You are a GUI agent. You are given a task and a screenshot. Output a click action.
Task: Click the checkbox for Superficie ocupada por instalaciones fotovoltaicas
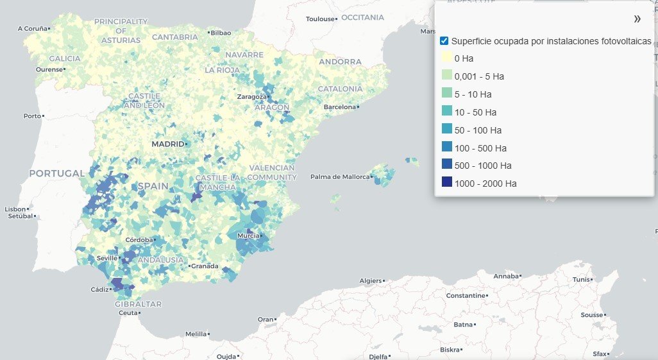[444, 41]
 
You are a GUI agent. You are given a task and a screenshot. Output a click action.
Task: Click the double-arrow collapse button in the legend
[637, 19]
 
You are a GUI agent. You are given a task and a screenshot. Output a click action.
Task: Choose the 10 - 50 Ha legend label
[475, 112]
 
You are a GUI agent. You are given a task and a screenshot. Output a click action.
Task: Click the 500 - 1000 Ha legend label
[483, 166]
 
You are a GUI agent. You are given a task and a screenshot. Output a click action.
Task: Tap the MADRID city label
[168, 144]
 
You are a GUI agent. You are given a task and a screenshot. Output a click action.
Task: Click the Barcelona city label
[339, 107]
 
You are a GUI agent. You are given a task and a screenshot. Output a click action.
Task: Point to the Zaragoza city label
[251, 97]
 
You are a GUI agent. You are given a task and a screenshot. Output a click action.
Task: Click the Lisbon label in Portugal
[17, 209]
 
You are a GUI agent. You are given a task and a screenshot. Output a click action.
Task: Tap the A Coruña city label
[33, 28]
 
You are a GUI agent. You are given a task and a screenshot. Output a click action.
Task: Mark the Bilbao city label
[221, 32]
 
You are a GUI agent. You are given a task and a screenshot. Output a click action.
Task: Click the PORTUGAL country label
[56, 173]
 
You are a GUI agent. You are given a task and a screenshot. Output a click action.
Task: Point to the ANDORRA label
[340, 62]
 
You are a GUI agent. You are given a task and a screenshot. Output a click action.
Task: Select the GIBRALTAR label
[138, 304]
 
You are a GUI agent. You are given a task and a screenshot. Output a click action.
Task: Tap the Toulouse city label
[320, 19]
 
